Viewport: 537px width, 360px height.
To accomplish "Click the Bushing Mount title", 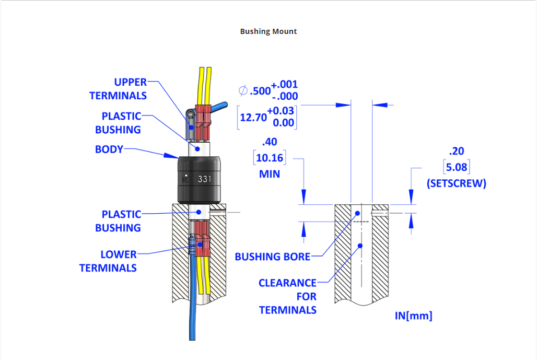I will (x=268, y=31).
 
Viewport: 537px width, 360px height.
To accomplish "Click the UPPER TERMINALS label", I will (x=119, y=89).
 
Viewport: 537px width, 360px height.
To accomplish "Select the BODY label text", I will (x=109, y=149).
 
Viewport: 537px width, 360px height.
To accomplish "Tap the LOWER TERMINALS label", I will (x=108, y=261).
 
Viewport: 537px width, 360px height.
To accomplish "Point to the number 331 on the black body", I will (x=204, y=179).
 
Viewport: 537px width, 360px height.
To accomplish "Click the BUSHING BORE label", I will (x=273, y=257).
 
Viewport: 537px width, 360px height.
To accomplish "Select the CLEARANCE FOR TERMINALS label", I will (x=288, y=296).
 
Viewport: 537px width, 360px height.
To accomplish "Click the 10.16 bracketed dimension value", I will (x=270, y=158).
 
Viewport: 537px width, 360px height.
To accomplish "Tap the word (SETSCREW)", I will (x=456, y=183).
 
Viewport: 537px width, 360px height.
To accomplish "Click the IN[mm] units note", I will (x=413, y=316).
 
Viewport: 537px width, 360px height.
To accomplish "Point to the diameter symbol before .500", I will (x=243, y=90).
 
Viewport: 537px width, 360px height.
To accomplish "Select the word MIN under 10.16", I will (x=270, y=174).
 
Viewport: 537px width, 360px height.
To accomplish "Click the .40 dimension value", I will (x=270, y=142).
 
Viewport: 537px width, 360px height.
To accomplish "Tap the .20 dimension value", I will (x=456, y=151).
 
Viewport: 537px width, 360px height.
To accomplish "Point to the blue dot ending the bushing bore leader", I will (x=358, y=213).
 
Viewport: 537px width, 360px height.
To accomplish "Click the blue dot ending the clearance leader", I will (x=360, y=245).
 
